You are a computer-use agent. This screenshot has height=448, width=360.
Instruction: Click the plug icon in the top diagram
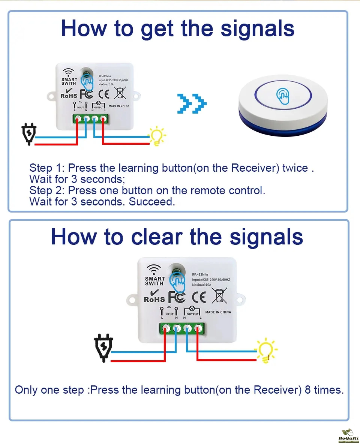pos(29,135)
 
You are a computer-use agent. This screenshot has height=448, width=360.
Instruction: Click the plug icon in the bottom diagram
pos(102,348)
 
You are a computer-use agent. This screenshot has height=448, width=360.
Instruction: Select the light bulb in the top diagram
pos(157,136)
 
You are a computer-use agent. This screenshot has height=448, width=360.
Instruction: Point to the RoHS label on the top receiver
pos(69,96)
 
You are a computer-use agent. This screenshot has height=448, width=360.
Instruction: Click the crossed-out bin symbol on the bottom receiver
pos(219,295)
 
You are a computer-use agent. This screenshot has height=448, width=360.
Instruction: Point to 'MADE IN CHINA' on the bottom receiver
pos(218,312)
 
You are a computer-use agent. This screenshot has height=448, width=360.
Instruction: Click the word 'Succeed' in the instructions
pos(152,202)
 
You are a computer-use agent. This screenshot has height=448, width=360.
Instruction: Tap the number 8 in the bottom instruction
pos(307,390)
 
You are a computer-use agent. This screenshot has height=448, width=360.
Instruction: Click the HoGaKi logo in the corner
pos(348,436)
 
